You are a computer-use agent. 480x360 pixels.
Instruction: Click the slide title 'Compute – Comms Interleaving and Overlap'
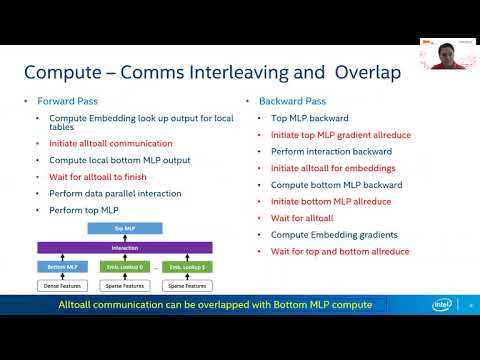pos(212,73)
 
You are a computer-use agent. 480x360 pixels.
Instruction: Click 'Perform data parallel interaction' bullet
pos(115,192)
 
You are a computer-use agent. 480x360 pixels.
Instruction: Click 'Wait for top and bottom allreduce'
pos(340,252)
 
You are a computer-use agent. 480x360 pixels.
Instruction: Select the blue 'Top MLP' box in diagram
pos(125,229)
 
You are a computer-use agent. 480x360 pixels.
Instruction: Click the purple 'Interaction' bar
pos(125,247)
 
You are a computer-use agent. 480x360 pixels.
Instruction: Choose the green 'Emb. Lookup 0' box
pos(125,267)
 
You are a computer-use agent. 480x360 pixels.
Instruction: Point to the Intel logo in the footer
pos(442,305)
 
